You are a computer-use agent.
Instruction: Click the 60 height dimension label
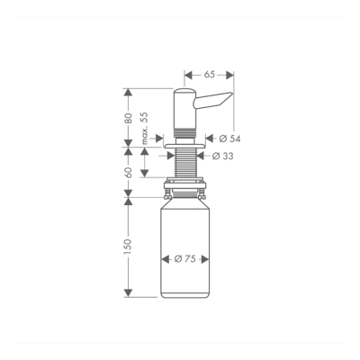pos(129,171)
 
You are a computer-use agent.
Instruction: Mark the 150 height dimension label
pos(129,247)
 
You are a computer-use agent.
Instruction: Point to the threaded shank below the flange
pos(186,162)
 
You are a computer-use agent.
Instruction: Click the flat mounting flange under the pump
pos(186,140)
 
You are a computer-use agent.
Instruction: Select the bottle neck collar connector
pos(186,191)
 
